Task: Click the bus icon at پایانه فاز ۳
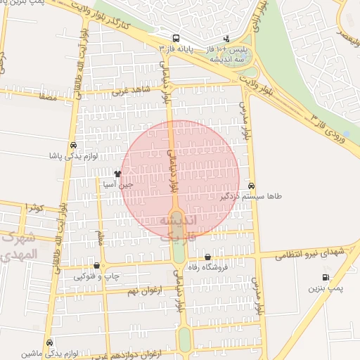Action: click(176, 38)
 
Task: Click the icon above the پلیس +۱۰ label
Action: click(226, 39)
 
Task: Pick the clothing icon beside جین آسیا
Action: click(117, 174)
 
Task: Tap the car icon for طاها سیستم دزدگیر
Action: click(252, 186)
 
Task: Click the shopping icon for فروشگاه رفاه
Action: click(207, 257)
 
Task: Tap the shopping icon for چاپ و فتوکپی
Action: click(96, 266)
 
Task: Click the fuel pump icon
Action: click(325, 278)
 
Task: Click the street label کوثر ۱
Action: click(33, 207)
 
